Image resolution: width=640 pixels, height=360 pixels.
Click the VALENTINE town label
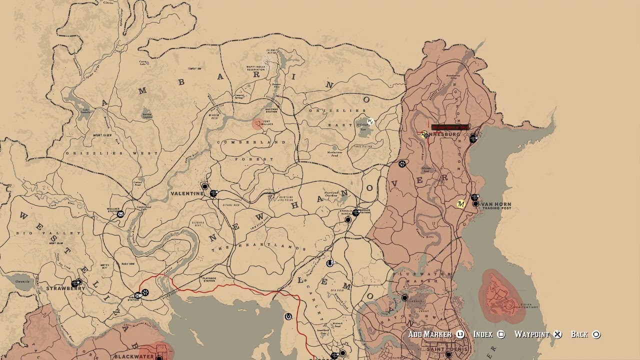click(187, 193)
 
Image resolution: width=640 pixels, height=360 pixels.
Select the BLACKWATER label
click(134, 356)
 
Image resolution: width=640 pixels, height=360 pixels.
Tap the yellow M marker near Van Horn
click(461, 204)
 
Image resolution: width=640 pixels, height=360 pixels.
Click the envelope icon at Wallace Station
click(120, 214)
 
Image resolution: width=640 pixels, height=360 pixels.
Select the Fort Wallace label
click(268, 122)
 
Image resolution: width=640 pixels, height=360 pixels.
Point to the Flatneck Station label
click(208, 279)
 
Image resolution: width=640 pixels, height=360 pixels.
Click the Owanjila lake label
click(22, 281)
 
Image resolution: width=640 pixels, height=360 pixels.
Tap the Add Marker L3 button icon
click(460, 334)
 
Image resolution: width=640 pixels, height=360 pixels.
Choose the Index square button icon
click(501, 334)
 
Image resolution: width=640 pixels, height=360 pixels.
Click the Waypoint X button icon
click(557, 334)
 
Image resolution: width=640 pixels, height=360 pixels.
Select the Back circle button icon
click(596, 334)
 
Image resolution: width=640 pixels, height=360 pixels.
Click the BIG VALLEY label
click(48, 233)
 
